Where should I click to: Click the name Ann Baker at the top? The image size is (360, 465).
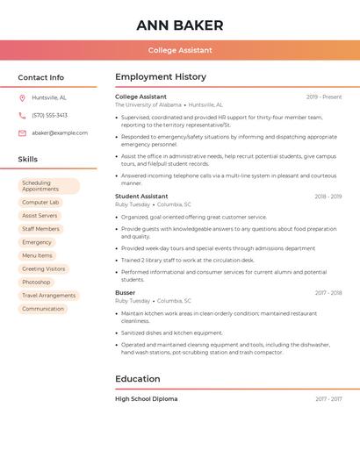180,25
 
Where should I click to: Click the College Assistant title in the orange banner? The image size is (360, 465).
180,50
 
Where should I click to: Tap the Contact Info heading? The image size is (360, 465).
41,77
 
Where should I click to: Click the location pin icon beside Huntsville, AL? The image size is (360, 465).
23,97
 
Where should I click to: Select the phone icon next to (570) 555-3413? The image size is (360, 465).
23,115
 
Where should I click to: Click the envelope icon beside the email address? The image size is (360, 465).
23,132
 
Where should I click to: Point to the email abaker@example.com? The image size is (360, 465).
60,132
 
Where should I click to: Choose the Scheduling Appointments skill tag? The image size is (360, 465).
49,186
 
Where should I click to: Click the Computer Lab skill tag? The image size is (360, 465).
40,203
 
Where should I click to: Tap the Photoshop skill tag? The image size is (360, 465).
36,282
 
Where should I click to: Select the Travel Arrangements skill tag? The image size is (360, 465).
48,296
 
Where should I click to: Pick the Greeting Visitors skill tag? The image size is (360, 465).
43,268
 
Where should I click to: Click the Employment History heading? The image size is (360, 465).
161,77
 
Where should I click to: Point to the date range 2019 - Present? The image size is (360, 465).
324,97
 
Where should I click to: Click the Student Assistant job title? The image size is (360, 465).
141,197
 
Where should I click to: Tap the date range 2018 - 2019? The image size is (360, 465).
328,197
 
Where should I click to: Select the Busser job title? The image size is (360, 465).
126,292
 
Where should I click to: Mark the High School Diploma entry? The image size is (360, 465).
147,399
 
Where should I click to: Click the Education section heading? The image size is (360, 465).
138,379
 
